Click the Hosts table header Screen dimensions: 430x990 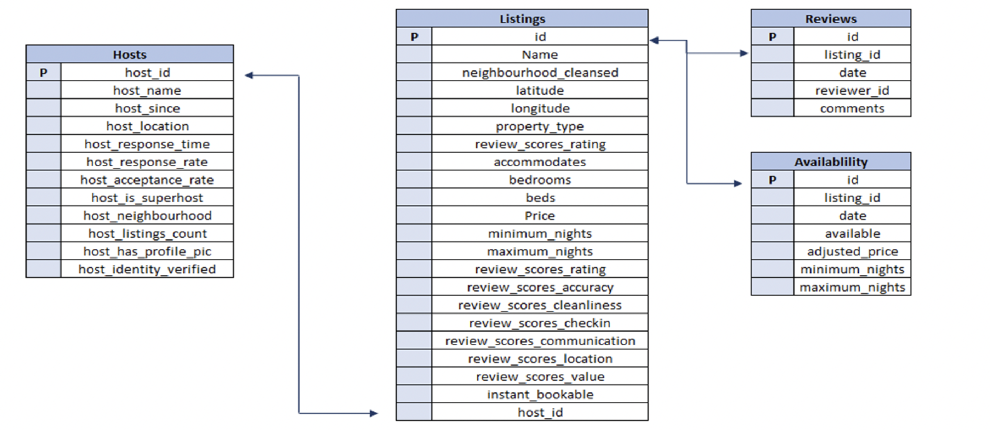pyautogui.click(x=130, y=54)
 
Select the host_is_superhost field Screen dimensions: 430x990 pyautogui.click(x=147, y=198)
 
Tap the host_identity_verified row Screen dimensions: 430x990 pyautogui.click(x=147, y=269)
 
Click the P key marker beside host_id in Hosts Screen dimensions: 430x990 pyautogui.click(x=44, y=72)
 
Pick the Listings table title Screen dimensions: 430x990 pyautogui.click(x=522, y=18)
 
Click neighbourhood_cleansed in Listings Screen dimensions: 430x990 pyautogui.click(x=540, y=72)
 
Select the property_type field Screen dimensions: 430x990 pyautogui.click(x=540, y=126)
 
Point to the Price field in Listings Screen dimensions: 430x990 pyautogui.click(x=540, y=215)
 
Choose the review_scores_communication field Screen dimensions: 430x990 pyautogui.click(x=540, y=341)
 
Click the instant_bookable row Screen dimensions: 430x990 pyautogui.click(x=540, y=394)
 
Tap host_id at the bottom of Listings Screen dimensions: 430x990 pyautogui.click(x=540, y=412)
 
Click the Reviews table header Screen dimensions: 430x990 pyautogui.click(x=831, y=18)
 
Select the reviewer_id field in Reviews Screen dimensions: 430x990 pyautogui.click(x=852, y=90)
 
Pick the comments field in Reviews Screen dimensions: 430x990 pyautogui.click(x=852, y=108)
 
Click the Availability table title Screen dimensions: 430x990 pyautogui.click(x=831, y=162)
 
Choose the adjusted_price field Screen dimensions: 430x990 pyautogui.click(x=852, y=251)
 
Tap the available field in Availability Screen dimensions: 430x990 pyautogui.click(x=852, y=233)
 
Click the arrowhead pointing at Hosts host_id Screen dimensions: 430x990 pyautogui.click(x=249, y=75)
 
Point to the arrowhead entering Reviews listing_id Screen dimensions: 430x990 pyautogui.click(x=744, y=53)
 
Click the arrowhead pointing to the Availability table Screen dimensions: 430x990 pyautogui.click(x=738, y=183)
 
